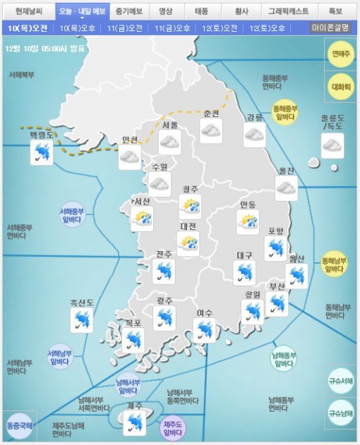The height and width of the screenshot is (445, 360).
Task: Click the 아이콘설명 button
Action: coord(330,28)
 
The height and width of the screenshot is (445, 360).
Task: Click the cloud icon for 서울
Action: coord(169,142)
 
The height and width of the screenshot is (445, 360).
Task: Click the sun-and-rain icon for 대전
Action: coord(188,244)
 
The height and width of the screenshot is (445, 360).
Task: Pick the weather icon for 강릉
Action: coord(254,135)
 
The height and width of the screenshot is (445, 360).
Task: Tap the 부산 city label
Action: coord(277,286)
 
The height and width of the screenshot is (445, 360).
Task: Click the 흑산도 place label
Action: coord(82,303)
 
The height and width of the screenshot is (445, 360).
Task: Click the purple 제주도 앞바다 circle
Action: coord(172,426)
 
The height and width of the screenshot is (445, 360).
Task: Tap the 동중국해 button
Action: coord(19,426)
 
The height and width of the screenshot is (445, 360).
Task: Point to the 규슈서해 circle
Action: coord(341,381)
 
